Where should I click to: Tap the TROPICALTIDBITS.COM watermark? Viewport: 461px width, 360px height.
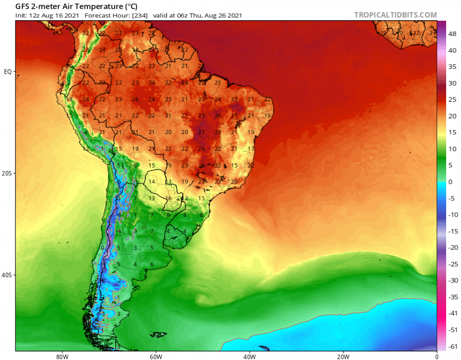(396, 15)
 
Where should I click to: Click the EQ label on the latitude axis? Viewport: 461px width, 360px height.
(8, 72)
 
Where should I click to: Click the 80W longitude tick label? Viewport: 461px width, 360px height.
(61, 356)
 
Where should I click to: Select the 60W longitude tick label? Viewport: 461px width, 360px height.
(155, 356)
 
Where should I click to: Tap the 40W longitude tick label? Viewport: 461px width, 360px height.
(249, 356)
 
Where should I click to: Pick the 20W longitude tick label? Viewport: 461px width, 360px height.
(343, 356)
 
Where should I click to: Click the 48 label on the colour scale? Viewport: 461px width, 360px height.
(452, 34)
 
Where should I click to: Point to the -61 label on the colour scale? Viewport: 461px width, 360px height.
(452, 346)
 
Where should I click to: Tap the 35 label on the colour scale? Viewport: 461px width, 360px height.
(452, 67)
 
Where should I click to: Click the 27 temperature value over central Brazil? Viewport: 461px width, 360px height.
(201, 132)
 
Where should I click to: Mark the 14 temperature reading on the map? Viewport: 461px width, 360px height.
(152, 181)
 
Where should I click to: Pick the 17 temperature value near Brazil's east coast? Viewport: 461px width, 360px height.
(250, 149)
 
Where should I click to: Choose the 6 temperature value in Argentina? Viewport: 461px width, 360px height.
(152, 264)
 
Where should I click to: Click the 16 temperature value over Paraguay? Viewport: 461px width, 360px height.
(168, 198)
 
